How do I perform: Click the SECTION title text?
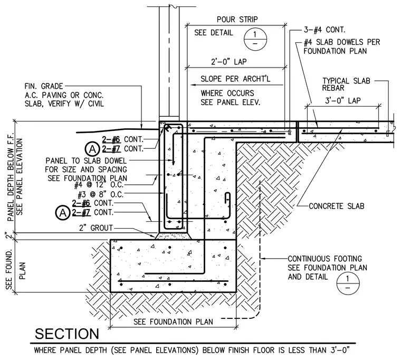[x=67, y=334]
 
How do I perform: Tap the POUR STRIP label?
[x=237, y=20]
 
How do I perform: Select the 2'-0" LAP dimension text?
[x=228, y=62]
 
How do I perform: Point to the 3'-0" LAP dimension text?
[x=342, y=100]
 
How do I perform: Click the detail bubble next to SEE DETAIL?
[x=255, y=39]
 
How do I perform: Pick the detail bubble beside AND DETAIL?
[x=348, y=283]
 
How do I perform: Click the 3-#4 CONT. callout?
[x=324, y=30]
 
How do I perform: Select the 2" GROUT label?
[x=96, y=228]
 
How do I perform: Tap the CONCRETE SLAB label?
[x=336, y=206]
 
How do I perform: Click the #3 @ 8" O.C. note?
[x=100, y=194]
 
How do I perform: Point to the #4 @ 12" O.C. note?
[x=99, y=185]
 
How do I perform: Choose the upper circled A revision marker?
[x=92, y=149]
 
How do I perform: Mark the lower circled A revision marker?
[x=62, y=213]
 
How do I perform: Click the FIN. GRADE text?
[x=44, y=86]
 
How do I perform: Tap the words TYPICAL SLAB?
[x=346, y=81]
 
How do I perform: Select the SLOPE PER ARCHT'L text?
[x=235, y=79]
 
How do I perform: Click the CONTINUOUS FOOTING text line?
[x=324, y=259]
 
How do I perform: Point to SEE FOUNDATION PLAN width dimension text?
[x=173, y=321]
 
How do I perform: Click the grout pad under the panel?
[x=173, y=236]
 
